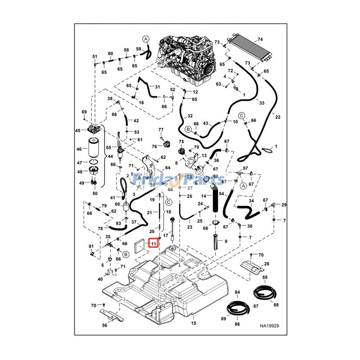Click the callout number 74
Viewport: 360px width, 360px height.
tap(260, 39)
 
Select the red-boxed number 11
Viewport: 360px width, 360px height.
tap(153, 243)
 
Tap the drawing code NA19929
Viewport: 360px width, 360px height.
tap(269, 325)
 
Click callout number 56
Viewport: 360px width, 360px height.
tap(104, 325)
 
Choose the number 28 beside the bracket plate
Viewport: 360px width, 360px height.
tap(266, 264)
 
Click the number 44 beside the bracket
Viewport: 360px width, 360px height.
tap(110, 156)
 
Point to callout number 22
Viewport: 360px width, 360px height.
tap(278, 117)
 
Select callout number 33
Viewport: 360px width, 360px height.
tap(262, 103)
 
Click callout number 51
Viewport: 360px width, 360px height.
tap(94, 56)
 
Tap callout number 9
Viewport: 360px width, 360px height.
tap(226, 241)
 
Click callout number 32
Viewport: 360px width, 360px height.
tap(190, 116)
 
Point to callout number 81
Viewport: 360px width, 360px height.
tap(91, 246)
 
